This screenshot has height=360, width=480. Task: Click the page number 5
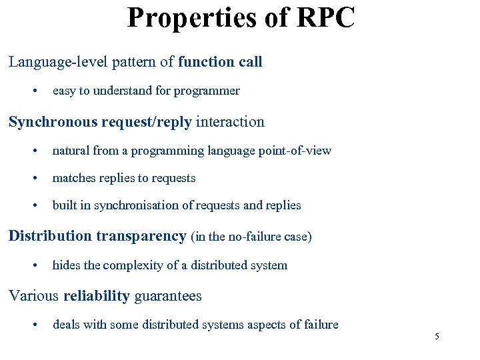click(437, 337)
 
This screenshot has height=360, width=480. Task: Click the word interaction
click(230, 122)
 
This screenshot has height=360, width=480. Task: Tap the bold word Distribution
click(50, 236)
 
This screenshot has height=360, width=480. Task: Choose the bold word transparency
click(141, 236)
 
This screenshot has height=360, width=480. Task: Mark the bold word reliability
click(97, 296)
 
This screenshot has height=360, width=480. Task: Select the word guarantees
click(168, 296)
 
